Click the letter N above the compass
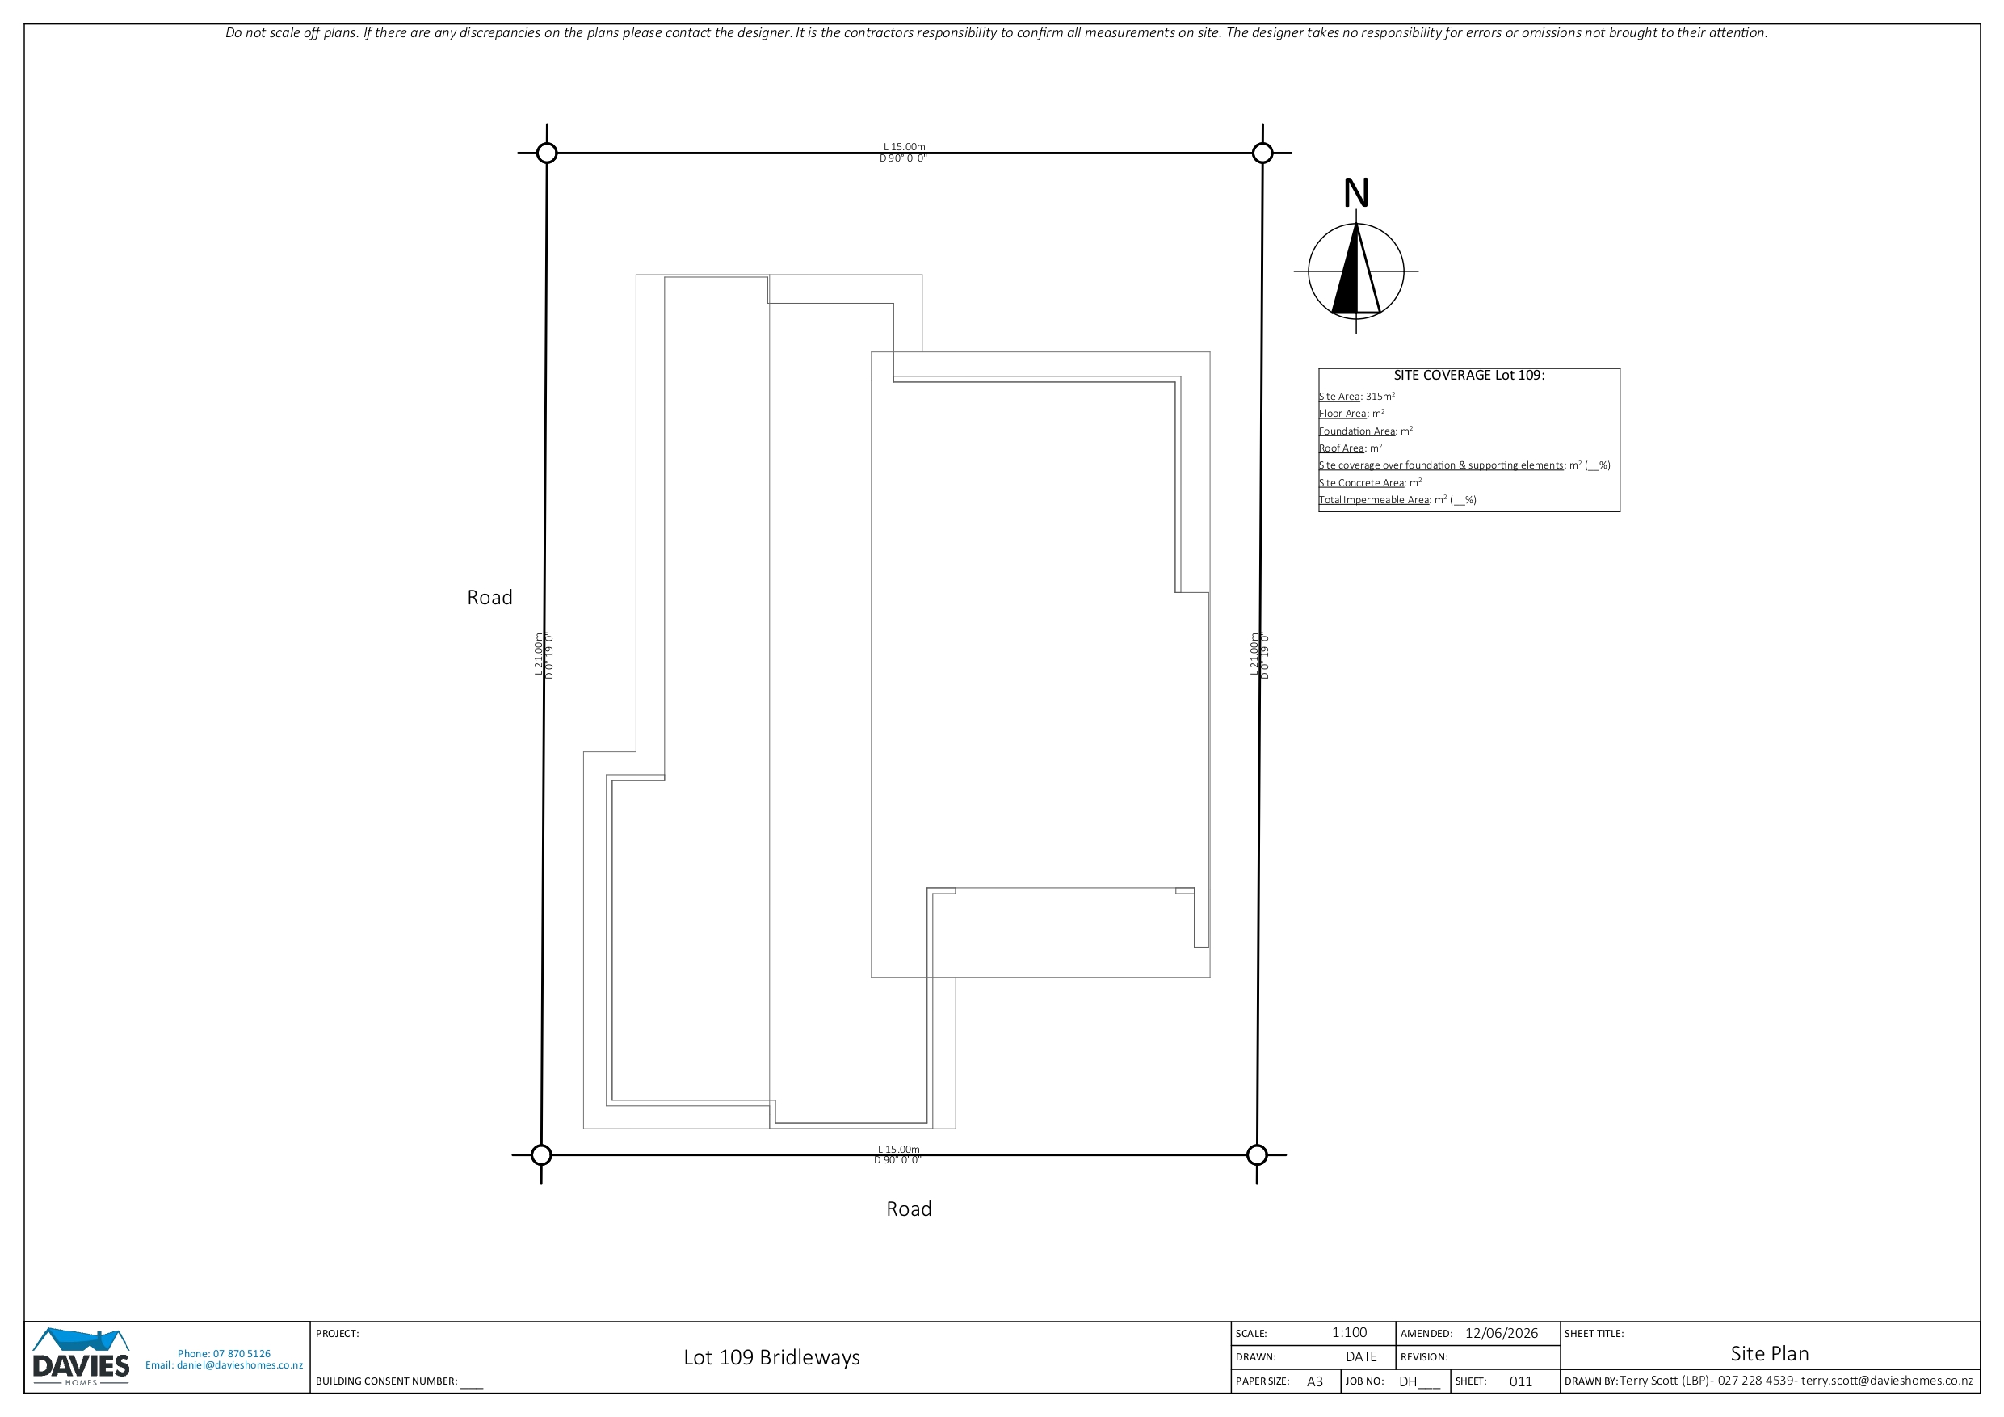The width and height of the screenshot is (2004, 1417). tap(1355, 193)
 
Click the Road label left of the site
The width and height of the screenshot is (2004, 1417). tap(489, 597)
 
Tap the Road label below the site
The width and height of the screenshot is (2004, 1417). tap(909, 1209)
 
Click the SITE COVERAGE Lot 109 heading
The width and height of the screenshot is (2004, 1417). tap(1469, 376)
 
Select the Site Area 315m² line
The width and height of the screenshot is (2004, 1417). tap(1356, 397)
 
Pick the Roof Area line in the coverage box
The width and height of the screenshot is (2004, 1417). tap(1351, 448)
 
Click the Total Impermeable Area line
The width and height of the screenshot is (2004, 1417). tap(1397, 500)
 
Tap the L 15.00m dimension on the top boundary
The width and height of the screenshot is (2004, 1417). tap(904, 147)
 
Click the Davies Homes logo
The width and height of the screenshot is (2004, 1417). tap(81, 1356)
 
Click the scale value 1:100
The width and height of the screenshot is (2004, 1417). tap(1350, 1333)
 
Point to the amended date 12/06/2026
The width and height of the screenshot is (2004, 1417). tap(1502, 1333)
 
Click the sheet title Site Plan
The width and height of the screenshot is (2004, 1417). tap(1769, 1354)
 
